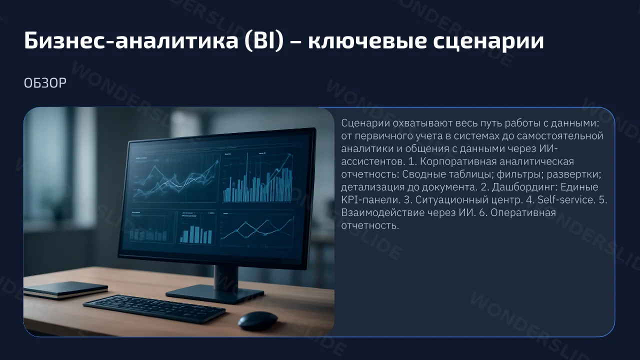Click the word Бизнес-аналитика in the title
131,40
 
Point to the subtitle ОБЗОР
45,83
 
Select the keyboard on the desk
154,308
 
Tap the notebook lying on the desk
65,289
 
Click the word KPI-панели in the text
370,199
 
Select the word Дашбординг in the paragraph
525,187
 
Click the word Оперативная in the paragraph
523,213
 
